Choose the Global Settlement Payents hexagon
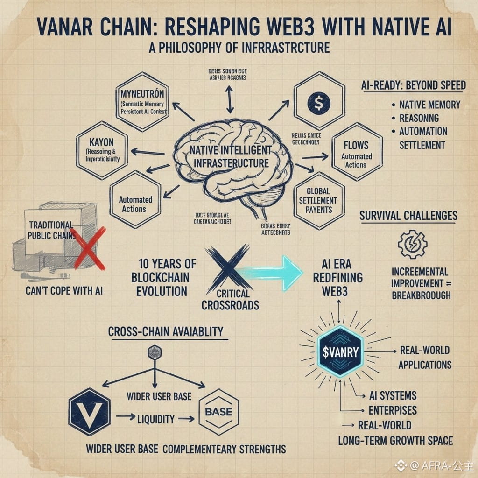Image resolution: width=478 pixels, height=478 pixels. (319, 200)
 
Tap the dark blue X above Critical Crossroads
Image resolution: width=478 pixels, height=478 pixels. (228, 268)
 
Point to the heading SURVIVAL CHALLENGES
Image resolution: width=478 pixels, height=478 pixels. (408, 216)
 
